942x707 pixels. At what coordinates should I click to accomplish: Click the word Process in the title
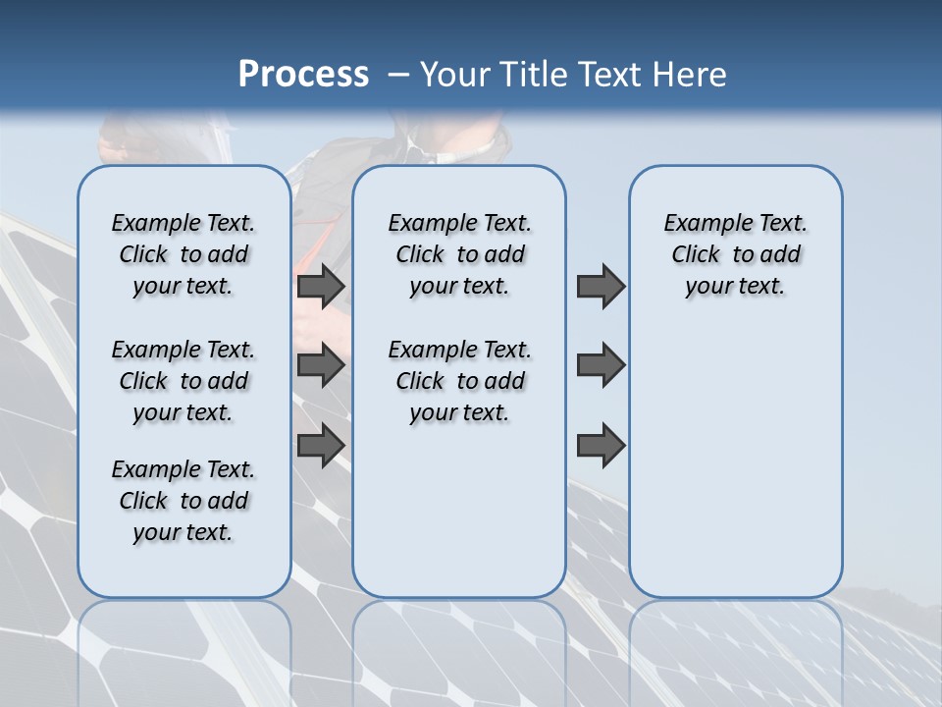[x=303, y=75]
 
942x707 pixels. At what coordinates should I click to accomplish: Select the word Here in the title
[x=687, y=75]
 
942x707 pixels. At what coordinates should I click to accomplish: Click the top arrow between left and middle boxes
[x=321, y=287]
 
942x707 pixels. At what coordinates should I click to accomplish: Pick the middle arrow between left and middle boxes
[x=321, y=366]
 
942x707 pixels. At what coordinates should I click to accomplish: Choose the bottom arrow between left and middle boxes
[x=321, y=445]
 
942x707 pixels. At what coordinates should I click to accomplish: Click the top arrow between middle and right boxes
[x=601, y=287]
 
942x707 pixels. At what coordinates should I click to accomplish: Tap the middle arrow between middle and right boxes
[x=601, y=366]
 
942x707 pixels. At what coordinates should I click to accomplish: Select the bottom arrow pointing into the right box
[x=601, y=445]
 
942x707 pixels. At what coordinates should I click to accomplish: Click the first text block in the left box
[x=183, y=254]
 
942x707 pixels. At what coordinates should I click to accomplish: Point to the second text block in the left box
[x=183, y=381]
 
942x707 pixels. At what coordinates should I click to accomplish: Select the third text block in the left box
[x=183, y=501]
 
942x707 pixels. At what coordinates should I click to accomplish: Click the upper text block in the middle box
[x=459, y=254]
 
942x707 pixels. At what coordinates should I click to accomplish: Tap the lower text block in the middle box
[x=459, y=381]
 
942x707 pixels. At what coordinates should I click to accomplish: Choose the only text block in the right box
[x=735, y=254]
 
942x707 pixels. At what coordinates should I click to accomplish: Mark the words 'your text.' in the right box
[x=735, y=286]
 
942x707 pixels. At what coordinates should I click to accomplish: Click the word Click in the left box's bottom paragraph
[x=143, y=501]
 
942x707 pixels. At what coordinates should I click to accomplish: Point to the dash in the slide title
[x=398, y=75]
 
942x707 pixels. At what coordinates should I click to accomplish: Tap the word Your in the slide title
[x=455, y=75]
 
